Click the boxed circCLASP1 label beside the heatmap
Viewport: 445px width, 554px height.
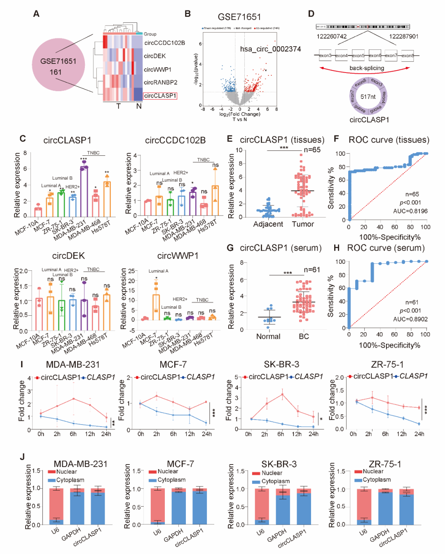point(160,96)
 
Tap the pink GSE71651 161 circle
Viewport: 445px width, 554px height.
point(58,66)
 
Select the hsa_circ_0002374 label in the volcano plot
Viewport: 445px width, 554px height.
point(270,49)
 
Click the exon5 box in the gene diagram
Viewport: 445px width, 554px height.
point(358,55)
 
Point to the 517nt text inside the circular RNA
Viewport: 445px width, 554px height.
point(368,97)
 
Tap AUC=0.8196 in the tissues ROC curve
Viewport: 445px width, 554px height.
point(410,211)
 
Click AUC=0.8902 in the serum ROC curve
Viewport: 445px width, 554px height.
point(410,319)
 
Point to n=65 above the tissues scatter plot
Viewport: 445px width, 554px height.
point(312,150)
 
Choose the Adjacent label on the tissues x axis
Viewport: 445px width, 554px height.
point(268,224)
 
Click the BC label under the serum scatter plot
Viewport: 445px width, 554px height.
point(304,336)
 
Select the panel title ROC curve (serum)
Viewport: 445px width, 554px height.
point(386,248)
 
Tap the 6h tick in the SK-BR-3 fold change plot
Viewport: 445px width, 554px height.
point(281,434)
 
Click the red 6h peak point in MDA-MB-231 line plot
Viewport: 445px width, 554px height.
point(73,399)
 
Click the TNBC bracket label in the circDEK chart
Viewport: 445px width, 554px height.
point(93,270)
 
